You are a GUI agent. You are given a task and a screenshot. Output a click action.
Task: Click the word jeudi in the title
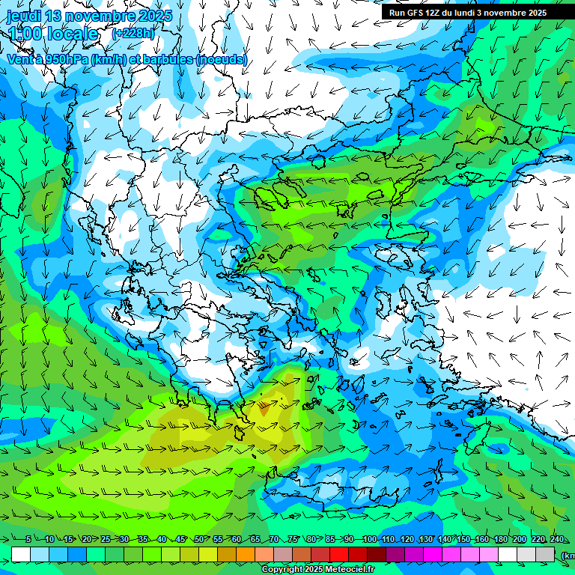[x=24, y=16]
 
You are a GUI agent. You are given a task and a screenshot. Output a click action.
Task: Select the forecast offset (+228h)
[x=133, y=34]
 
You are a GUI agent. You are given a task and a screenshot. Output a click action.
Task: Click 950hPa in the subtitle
[x=61, y=59]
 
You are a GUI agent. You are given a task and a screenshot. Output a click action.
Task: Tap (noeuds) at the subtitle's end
[x=221, y=59]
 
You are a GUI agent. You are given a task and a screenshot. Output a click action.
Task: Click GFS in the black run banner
[x=419, y=13]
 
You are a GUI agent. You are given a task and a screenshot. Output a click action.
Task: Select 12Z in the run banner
[x=436, y=13]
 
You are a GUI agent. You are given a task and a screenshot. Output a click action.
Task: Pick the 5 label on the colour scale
[x=28, y=540]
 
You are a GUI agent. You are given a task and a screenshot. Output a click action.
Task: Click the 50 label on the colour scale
[x=198, y=540]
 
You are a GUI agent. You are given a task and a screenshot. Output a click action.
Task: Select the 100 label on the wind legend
[x=369, y=540]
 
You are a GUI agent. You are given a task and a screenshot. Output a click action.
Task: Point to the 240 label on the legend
[x=557, y=540]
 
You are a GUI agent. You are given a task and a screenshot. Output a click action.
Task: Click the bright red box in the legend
[x=339, y=554]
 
